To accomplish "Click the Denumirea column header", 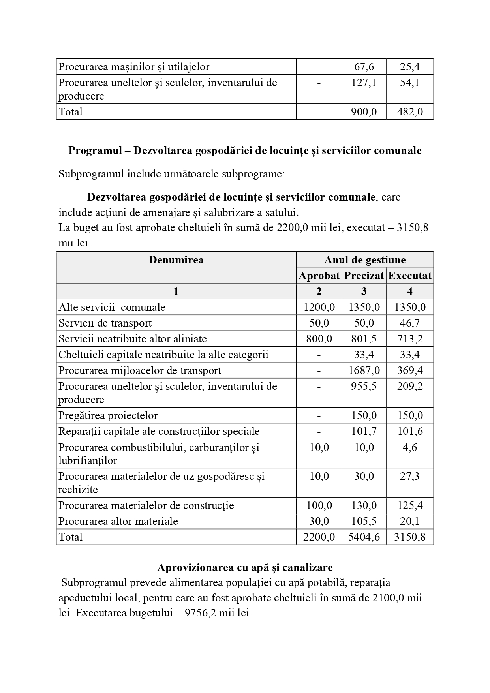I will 176,260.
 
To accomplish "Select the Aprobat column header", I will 319,276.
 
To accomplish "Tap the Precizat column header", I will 364,276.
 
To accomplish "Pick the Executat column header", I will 410,276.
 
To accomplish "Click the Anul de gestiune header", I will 365,260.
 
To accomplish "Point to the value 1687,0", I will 364,370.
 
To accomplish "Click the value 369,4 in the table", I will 410,370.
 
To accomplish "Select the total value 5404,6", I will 364,537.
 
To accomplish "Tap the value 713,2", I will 410,339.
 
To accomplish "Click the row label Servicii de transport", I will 105,323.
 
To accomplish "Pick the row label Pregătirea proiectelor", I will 108,415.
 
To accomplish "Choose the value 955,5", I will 364,386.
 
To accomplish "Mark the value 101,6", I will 410,431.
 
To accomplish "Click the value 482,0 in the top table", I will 410,112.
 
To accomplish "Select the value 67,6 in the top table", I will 364,67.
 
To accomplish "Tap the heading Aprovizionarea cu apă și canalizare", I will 245,567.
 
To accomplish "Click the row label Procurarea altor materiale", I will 118,521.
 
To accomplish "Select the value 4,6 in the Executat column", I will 410,447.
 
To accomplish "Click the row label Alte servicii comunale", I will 112,307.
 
